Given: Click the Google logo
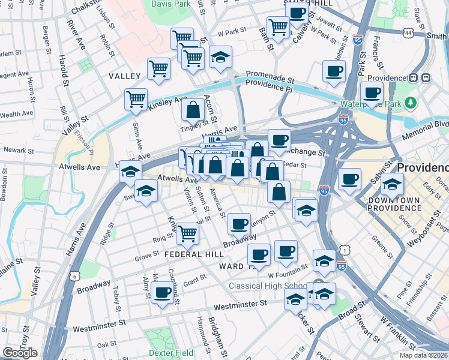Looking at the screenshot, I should coord(20,353).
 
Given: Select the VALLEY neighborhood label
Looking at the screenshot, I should coord(124,76).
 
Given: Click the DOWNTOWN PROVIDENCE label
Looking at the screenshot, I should coord(394,204).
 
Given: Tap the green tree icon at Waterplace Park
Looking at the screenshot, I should coord(411,103).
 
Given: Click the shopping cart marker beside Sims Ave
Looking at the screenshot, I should coord(136,98).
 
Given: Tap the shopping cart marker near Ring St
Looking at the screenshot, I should coord(188,233).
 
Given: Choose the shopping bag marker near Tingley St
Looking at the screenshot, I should coord(193,110).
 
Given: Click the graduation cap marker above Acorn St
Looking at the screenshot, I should coord(221,58).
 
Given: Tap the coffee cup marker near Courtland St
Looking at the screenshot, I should coord(161,293).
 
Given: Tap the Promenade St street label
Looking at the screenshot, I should coord(270,77).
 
